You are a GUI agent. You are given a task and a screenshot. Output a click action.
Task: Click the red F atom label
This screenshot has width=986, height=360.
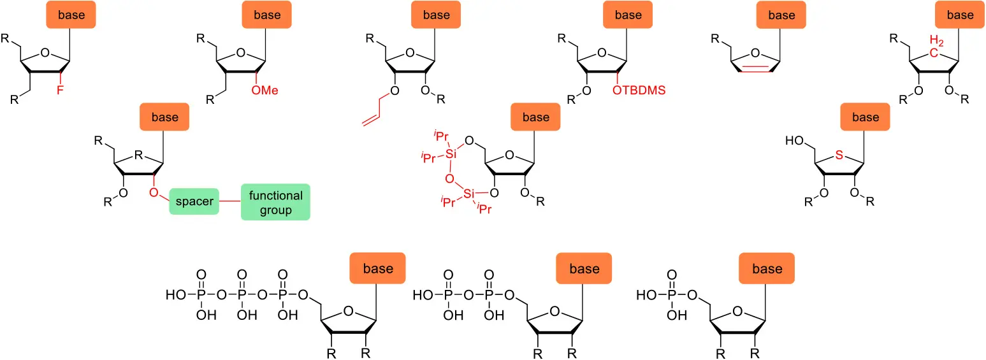(61, 90)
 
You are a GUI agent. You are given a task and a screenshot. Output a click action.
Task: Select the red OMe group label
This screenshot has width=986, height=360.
(265, 90)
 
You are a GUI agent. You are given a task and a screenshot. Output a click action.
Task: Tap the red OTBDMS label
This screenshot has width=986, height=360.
(639, 90)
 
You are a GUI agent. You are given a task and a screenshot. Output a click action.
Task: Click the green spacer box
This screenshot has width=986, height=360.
(194, 201)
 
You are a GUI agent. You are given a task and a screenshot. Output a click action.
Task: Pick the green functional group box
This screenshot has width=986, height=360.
(275, 202)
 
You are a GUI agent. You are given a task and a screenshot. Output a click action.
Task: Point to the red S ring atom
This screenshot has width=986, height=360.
(839, 155)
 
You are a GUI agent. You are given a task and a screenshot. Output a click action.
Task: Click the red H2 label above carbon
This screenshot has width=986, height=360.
(937, 41)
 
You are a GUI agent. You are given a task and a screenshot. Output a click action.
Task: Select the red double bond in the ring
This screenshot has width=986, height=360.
(755, 68)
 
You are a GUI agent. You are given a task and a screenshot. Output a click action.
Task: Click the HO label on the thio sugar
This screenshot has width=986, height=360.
(795, 141)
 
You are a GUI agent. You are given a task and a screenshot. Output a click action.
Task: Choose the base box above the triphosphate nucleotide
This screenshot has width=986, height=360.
(378, 268)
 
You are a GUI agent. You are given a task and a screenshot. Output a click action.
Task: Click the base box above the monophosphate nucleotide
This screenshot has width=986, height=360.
(767, 268)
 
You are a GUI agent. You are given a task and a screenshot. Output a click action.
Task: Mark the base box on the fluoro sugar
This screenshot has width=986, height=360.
(71, 15)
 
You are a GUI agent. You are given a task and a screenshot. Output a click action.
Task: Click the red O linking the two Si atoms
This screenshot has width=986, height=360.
(449, 179)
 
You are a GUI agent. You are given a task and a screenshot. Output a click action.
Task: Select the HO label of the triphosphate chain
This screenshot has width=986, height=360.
(176, 295)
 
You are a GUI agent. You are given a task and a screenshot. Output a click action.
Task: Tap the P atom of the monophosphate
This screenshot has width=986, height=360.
(672, 295)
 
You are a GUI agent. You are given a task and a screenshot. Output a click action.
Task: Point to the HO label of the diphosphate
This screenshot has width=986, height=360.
(423, 295)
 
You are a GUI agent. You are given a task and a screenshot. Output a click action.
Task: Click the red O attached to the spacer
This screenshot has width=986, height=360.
(154, 193)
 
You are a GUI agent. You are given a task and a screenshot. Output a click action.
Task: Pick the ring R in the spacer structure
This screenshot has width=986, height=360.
(139, 155)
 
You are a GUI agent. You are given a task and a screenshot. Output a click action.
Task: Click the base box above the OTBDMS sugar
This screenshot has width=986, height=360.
(628, 15)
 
